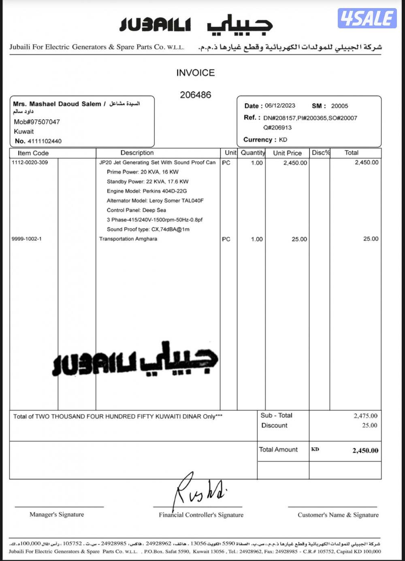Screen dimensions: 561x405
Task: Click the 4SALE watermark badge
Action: pos(367,18)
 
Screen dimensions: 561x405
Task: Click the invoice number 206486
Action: pos(196,95)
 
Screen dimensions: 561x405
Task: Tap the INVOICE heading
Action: pos(195,73)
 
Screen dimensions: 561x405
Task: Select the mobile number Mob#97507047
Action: pos(37,122)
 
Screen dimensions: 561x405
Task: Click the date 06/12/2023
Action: pos(280,106)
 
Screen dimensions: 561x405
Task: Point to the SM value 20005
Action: pos(339,106)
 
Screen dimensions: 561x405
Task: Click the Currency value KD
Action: pos(283,140)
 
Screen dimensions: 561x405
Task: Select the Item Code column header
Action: pos(33,153)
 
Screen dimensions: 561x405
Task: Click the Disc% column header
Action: pos(321,153)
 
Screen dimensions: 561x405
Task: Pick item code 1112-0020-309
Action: pos(30,162)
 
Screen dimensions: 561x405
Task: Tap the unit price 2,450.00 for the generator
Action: pos(295,163)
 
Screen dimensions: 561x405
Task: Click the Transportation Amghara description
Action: pos(128,239)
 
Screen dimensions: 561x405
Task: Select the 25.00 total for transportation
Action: pos(371,239)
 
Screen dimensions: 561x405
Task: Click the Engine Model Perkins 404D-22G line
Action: pos(147,191)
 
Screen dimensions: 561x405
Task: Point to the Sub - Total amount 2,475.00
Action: pos(365,416)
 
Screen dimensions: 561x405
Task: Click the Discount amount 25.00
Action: pos(369,425)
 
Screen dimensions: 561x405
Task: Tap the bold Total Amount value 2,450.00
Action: pos(365,450)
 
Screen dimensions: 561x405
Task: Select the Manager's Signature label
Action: pos(57,514)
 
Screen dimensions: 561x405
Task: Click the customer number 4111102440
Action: pos(44,141)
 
